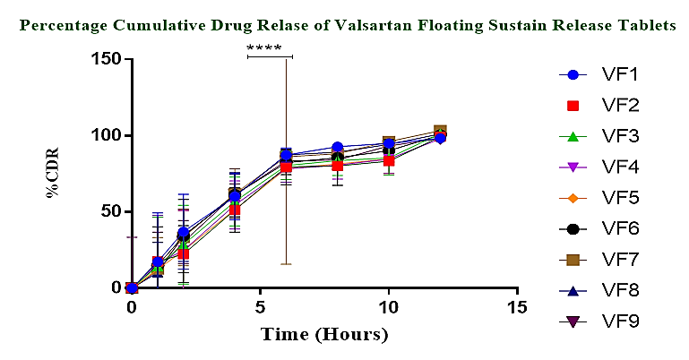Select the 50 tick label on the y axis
(111, 212)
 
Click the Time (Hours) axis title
(324, 335)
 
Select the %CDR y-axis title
(56, 174)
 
